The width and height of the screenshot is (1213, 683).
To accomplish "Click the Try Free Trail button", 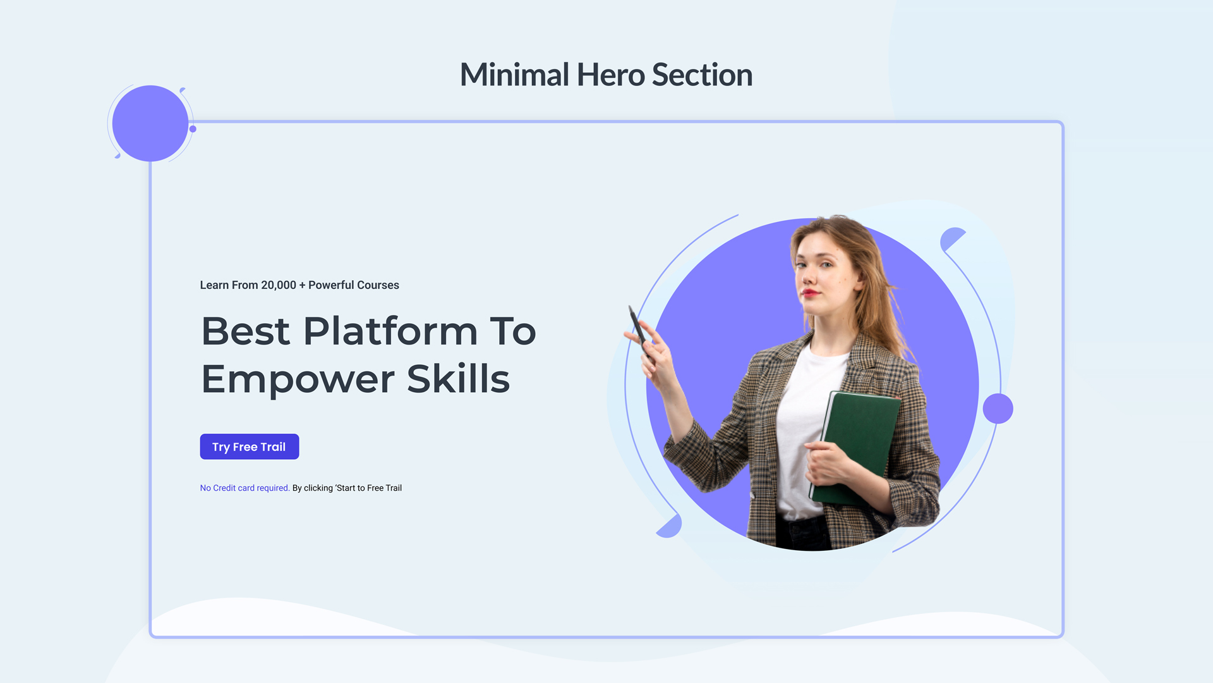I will click(x=249, y=446).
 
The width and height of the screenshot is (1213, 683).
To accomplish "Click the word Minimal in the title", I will click(x=514, y=75).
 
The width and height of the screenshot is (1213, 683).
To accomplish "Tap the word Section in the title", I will click(x=702, y=75).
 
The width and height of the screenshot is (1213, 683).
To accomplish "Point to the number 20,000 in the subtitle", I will click(x=279, y=285).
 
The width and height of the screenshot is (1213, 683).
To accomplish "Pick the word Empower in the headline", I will click(x=298, y=379).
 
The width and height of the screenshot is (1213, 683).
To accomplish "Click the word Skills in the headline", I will click(x=458, y=379).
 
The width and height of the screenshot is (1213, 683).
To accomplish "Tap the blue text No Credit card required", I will click(x=244, y=488).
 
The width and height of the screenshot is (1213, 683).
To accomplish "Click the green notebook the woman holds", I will click(x=859, y=443).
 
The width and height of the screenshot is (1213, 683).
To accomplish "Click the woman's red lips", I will click(x=810, y=293).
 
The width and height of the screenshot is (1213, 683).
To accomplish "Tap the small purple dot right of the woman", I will click(x=998, y=409).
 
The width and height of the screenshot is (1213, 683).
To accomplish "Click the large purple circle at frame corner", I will click(x=150, y=123).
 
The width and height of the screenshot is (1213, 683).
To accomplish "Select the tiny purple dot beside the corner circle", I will click(x=193, y=129).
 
